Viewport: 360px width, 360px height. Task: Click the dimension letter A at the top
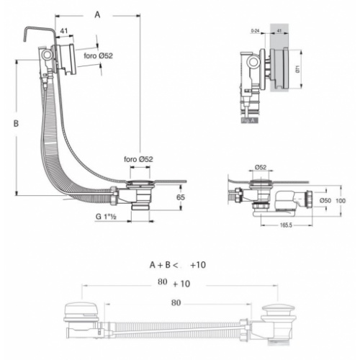tap(99, 14)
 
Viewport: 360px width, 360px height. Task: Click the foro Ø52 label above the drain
tap(138, 159)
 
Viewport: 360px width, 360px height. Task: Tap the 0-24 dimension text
tap(254, 32)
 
